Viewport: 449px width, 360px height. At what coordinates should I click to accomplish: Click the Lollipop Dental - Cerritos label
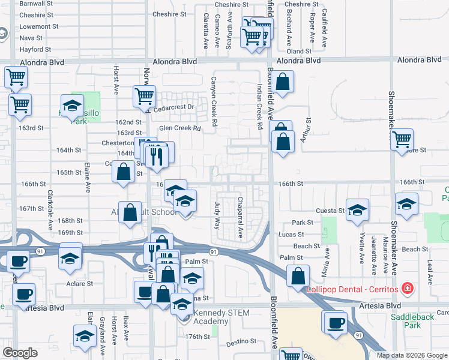pyautogui.click(x=352, y=289)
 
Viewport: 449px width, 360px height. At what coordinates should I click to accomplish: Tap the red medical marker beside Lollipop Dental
pyautogui.click(x=408, y=289)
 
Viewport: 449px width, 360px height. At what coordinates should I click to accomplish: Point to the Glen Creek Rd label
pyautogui.click(x=179, y=128)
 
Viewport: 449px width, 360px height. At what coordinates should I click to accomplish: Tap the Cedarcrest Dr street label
pyautogui.click(x=175, y=107)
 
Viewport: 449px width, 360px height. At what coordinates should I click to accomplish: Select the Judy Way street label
pyautogui.click(x=217, y=215)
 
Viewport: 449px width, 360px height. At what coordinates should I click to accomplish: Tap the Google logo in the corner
pyautogui.click(x=20, y=353)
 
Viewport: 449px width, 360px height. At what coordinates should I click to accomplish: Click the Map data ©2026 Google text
pyautogui.click(x=412, y=355)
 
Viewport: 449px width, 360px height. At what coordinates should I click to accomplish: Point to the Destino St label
pyautogui.click(x=242, y=344)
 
